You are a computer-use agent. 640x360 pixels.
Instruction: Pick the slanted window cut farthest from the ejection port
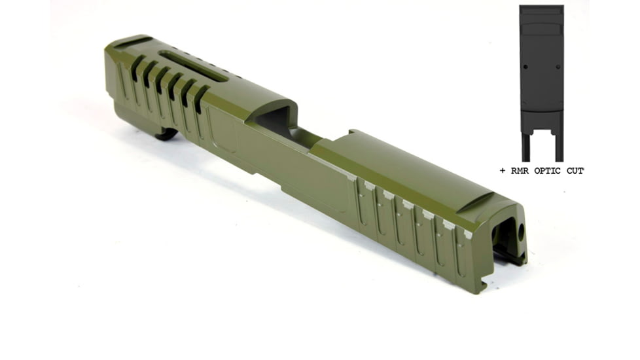point(137,68)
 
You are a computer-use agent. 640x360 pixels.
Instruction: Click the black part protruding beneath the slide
point(166,135)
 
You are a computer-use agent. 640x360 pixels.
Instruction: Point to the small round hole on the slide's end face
point(521,232)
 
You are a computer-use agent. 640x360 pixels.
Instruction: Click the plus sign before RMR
point(502,171)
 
